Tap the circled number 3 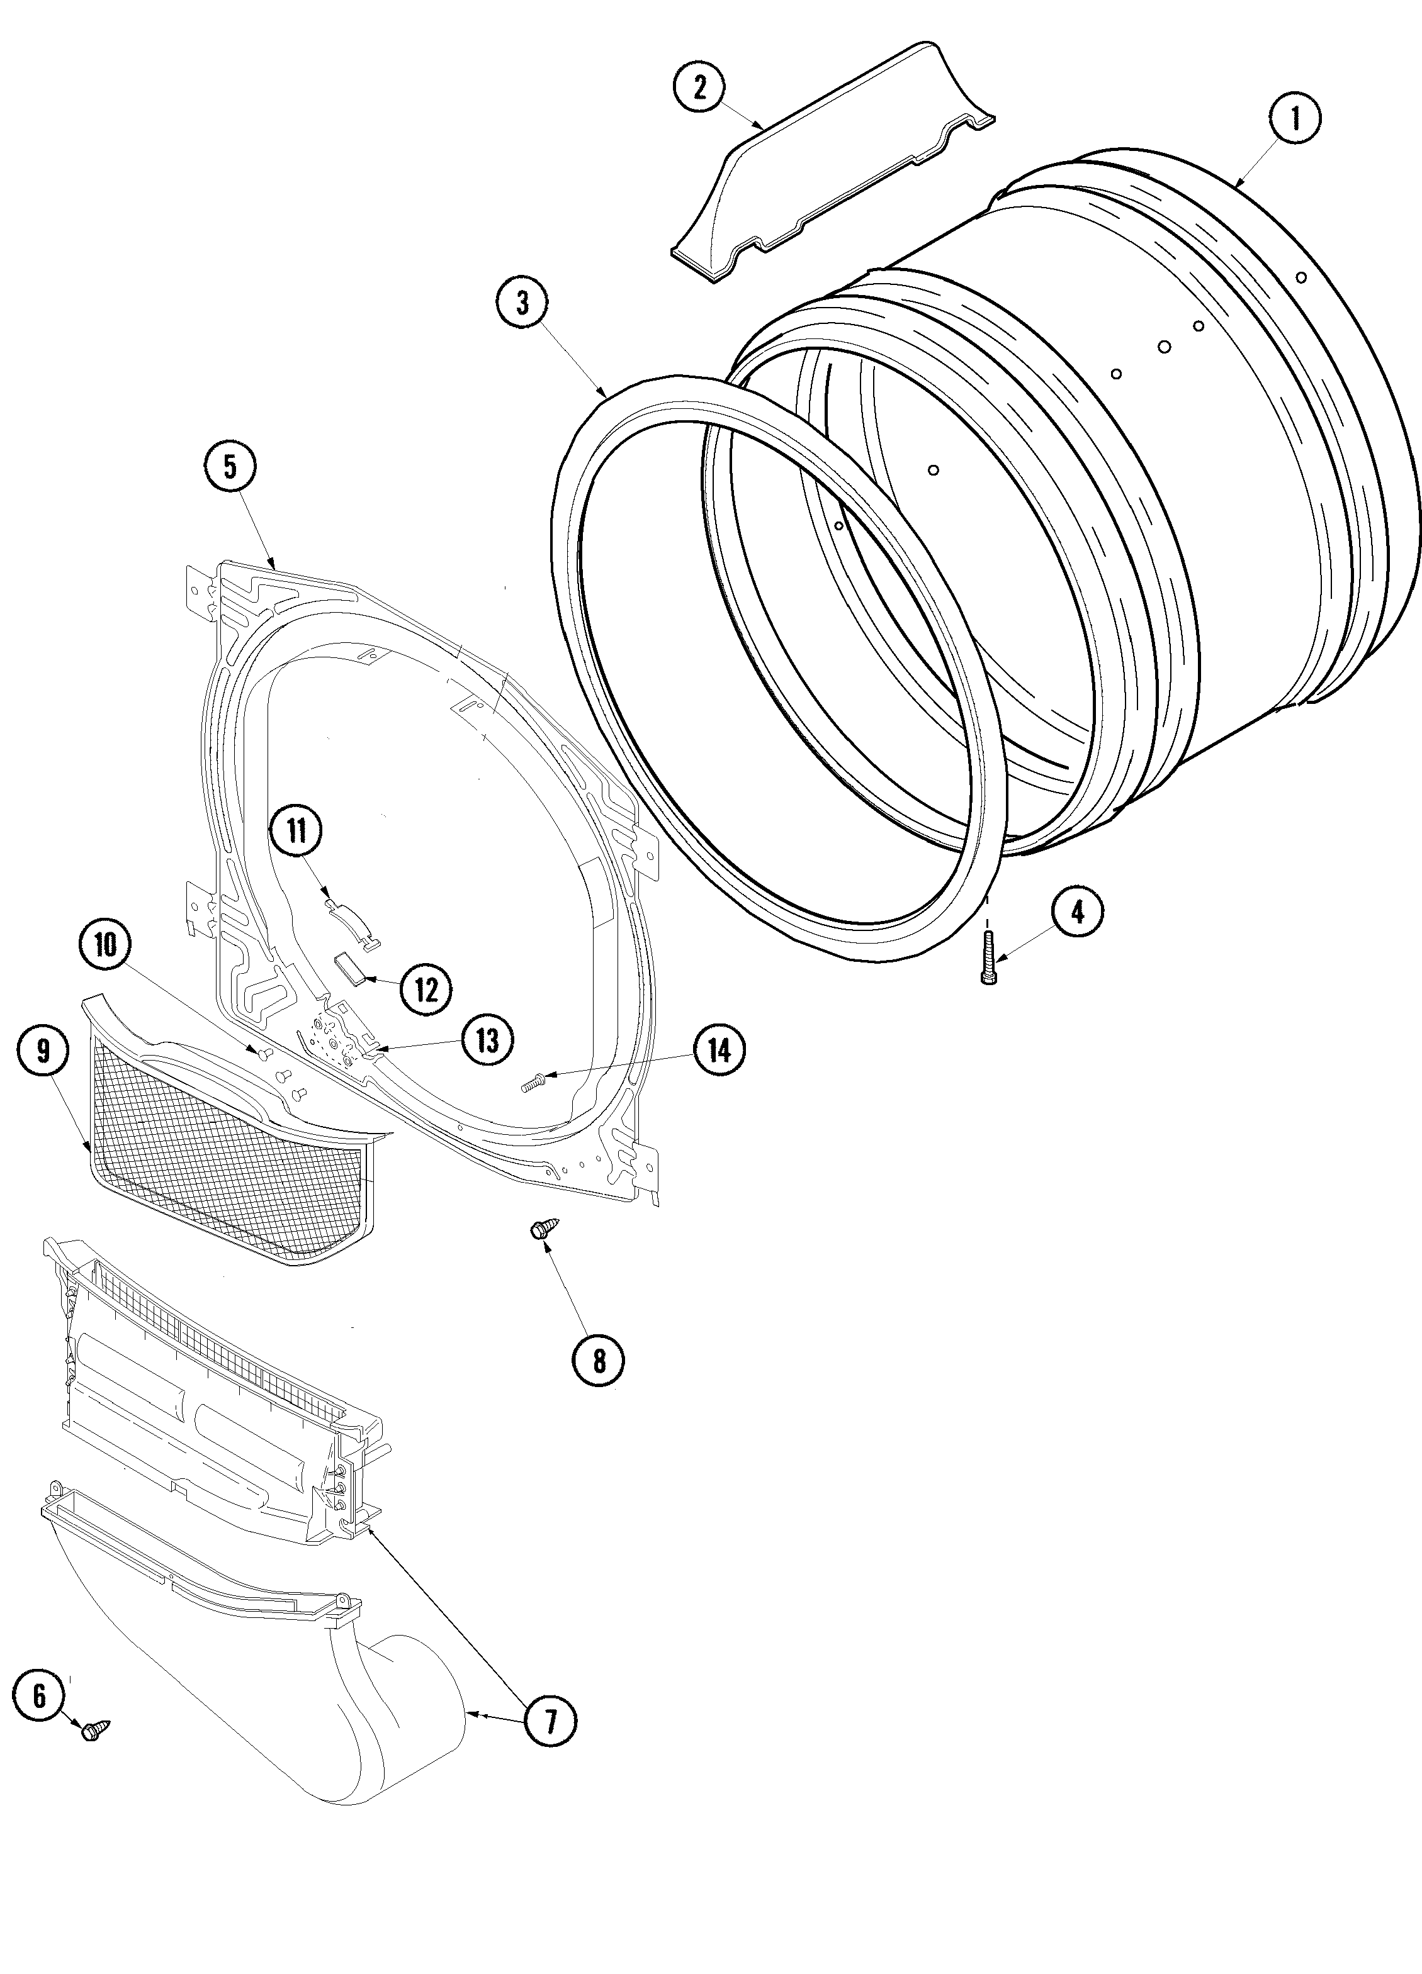tap(522, 302)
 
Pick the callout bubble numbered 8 tap(598, 1359)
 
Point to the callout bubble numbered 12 tap(426, 990)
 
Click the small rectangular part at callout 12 tap(349, 967)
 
